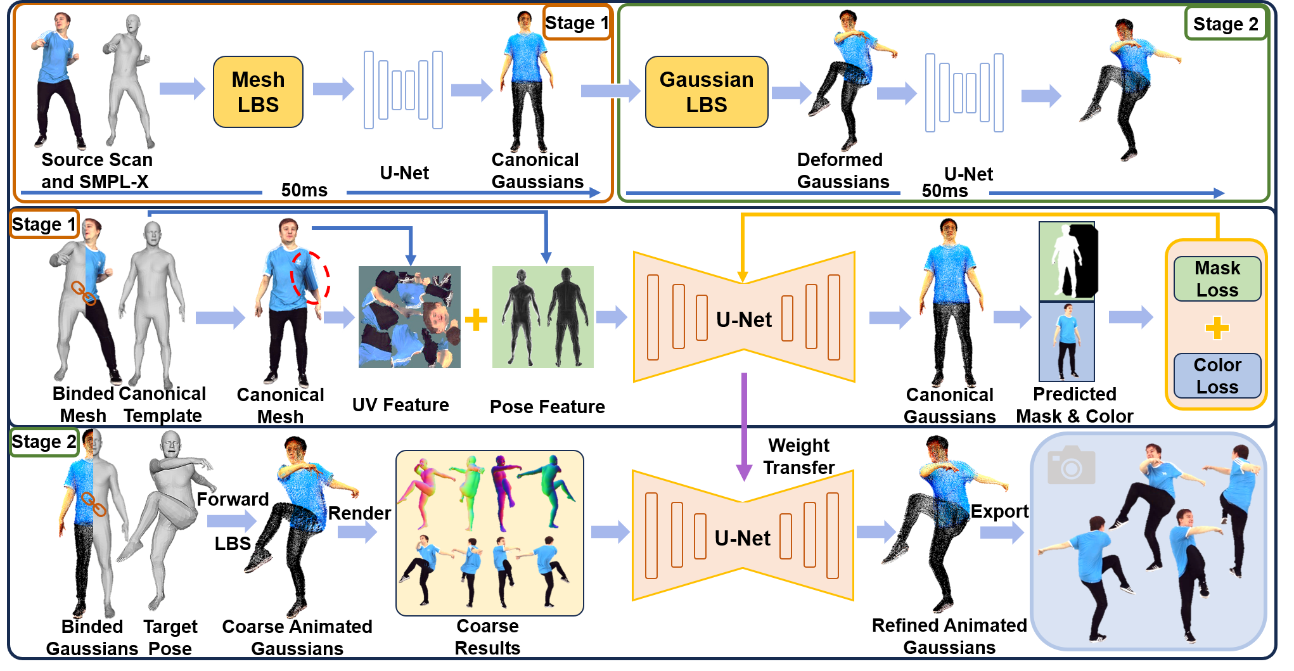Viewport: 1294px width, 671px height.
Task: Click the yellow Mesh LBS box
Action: click(x=258, y=92)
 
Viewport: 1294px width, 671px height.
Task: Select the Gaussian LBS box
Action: click(x=706, y=92)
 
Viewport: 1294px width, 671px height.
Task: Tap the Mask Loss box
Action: click(x=1217, y=279)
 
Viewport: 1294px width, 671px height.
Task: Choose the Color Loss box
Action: click(x=1217, y=376)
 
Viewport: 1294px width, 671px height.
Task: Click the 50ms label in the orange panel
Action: click(x=304, y=190)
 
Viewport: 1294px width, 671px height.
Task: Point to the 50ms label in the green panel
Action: click(x=944, y=191)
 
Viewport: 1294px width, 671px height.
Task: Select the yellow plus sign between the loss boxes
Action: click(x=1217, y=328)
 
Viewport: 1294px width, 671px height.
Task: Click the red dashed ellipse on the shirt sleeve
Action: click(x=310, y=277)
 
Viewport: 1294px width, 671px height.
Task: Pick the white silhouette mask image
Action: click(x=1067, y=260)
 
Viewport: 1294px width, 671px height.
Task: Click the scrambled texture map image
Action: click(x=409, y=317)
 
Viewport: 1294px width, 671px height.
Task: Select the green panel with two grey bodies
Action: click(x=543, y=317)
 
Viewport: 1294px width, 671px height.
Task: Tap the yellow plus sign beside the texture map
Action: click(x=476, y=319)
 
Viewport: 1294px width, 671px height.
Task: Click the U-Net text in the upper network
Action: click(x=744, y=319)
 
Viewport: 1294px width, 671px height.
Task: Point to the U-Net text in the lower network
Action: click(x=742, y=538)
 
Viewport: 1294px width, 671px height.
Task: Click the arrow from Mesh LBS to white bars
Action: click(x=333, y=89)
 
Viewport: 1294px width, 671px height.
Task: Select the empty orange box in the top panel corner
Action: click(x=577, y=23)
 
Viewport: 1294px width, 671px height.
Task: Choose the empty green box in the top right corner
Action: click(x=1225, y=23)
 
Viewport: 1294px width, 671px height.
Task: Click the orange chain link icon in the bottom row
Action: click(x=93, y=504)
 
